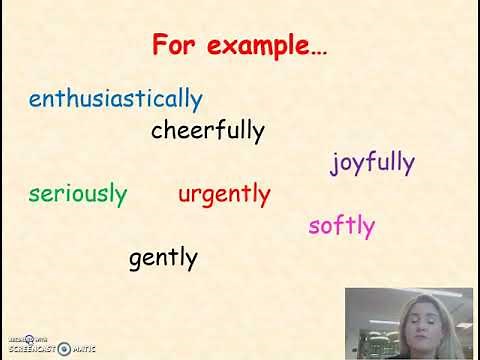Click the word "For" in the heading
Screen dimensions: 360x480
173,46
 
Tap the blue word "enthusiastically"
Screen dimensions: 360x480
116,99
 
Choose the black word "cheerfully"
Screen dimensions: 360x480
208,130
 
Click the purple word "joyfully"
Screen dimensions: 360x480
373,163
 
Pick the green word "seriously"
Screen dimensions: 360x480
78,194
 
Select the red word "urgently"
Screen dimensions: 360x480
224,194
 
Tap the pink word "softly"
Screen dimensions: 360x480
342,225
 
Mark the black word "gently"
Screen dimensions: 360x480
163,259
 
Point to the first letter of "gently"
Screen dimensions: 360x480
135,261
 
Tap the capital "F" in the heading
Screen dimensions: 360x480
159,46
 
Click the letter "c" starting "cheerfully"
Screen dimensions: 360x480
157,131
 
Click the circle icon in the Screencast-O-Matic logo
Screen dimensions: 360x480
64,349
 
